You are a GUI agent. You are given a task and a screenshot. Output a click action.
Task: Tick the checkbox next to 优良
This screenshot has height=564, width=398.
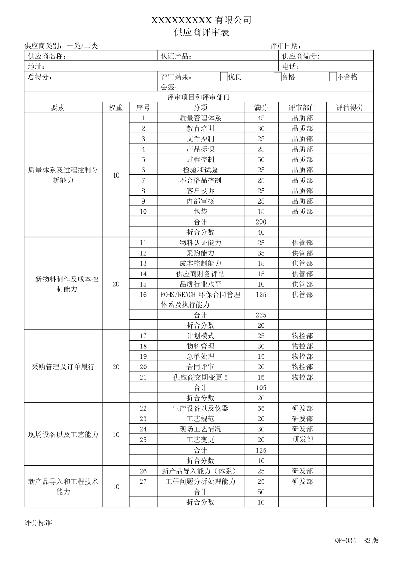tap(224, 77)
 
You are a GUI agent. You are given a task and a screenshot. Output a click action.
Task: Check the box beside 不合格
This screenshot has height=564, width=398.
tap(333, 77)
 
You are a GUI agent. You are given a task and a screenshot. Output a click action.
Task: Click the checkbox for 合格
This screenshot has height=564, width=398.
tap(277, 77)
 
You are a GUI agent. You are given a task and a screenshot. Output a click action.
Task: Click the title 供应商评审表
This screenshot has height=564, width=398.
tap(202, 32)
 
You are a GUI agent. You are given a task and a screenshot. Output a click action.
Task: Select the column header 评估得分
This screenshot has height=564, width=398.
tap(350, 108)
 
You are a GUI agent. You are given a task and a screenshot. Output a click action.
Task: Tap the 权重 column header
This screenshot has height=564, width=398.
tap(116, 108)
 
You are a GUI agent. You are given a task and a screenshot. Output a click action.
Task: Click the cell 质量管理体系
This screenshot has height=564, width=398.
tap(200, 118)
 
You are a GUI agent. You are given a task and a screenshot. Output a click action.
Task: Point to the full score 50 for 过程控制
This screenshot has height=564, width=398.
tap(261, 159)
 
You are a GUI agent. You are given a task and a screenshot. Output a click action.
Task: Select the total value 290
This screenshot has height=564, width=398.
tap(261, 222)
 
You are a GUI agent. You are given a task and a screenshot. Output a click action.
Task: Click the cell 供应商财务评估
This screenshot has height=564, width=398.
tap(200, 274)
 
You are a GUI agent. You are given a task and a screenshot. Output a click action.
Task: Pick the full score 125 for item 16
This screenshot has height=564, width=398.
tap(261, 295)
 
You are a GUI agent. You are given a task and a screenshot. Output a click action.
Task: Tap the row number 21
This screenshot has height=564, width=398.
tap(143, 377)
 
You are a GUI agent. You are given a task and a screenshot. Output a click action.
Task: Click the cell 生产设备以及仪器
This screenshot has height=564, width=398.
tap(200, 408)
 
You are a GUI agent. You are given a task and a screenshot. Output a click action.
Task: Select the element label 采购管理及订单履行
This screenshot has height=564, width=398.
tap(63, 367)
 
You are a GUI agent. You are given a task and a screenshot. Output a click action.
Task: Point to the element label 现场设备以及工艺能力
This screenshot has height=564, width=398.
tap(63, 434)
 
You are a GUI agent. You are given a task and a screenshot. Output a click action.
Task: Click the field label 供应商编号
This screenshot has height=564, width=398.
tap(301, 56)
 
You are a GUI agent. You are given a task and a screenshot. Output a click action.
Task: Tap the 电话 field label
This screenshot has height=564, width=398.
tap(290, 66)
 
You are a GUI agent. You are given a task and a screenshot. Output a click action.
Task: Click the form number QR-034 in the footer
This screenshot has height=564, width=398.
tap(345, 540)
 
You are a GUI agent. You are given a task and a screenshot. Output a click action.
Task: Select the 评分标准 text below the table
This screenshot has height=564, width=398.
tap(38, 523)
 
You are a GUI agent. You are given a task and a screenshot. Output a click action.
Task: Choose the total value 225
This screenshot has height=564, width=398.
tap(261, 315)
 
